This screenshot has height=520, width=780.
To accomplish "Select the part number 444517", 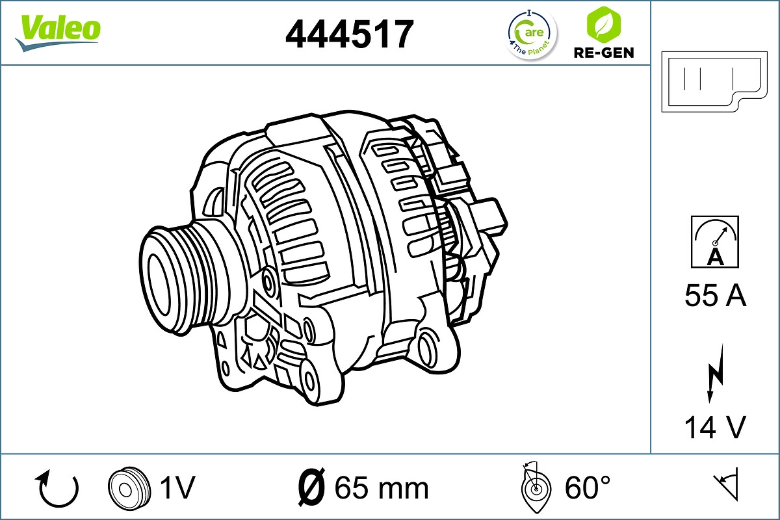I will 350,34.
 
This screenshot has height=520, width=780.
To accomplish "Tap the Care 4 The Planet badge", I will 532,34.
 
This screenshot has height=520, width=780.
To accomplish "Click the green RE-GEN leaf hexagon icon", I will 603,23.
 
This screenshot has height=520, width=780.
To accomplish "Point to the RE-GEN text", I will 603,53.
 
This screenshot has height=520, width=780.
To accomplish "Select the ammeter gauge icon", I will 715,242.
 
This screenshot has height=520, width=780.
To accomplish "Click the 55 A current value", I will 715,296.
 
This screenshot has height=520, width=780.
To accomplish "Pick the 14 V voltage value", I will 715,427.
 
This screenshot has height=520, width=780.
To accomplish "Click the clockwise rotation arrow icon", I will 59,488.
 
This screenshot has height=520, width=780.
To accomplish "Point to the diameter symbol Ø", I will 311,487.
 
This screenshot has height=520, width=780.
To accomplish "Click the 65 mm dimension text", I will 382,488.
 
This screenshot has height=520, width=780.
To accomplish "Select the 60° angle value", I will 588,487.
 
